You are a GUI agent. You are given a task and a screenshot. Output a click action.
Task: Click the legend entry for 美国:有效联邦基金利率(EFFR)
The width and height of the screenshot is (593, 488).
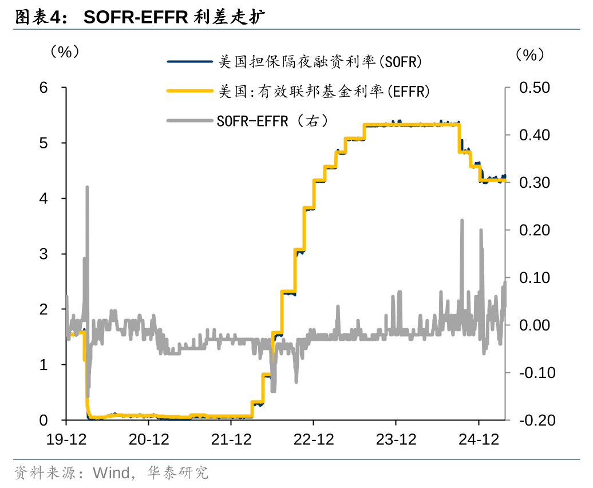click(x=323, y=91)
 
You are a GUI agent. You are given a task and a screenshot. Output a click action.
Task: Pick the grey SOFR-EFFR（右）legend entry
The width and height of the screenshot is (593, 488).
click(x=271, y=121)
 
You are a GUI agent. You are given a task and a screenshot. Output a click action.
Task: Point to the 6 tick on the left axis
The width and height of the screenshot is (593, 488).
click(x=44, y=88)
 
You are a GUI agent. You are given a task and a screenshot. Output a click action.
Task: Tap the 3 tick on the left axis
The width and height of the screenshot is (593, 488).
click(x=44, y=254)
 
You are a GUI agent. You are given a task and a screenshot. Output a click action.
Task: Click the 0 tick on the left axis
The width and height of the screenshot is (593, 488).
click(x=44, y=420)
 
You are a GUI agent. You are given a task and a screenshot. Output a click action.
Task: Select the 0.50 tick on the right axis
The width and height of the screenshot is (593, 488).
click(x=533, y=88)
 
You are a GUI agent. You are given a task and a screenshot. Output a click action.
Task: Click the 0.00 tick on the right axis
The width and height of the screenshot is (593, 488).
click(x=533, y=325)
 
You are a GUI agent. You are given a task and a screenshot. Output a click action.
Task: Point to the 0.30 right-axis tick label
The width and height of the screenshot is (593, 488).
click(x=533, y=183)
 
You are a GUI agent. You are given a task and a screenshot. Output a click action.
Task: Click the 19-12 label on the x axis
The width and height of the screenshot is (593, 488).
click(x=66, y=439)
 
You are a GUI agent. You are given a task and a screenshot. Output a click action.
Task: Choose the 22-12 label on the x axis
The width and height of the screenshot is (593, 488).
click(x=314, y=439)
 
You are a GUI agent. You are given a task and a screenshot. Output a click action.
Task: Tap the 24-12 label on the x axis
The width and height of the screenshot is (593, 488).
click(x=479, y=439)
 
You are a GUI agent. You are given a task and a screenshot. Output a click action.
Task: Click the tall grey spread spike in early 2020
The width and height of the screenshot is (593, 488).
click(x=87, y=189)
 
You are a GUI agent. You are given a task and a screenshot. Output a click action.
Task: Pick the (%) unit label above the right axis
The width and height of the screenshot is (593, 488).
click(x=527, y=55)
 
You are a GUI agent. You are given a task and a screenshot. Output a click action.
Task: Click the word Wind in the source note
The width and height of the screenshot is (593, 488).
click(x=111, y=473)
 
